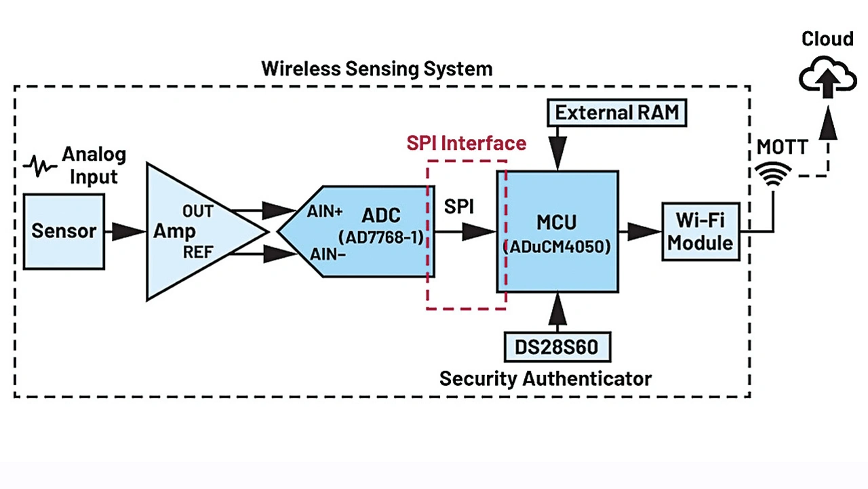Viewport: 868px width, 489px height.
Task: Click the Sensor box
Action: click(64, 231)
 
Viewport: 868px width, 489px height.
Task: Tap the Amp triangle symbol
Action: click(197, 231)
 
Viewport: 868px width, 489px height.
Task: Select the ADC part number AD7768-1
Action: click(380, 237)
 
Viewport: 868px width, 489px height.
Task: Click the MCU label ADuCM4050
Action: click(557, 246)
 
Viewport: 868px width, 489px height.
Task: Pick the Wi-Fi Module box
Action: click(700, 231)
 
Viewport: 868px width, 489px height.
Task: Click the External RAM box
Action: click(617, 112)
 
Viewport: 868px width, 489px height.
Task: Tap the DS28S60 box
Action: click(557, 347)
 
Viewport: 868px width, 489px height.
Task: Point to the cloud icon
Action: click(827, 74)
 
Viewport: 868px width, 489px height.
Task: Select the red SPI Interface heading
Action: click(466, 144)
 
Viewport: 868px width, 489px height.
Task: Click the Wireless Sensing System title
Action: click(376, 69)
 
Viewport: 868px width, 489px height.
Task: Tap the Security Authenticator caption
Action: click(545, 378)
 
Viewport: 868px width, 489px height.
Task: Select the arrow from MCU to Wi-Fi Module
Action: click(639, 232)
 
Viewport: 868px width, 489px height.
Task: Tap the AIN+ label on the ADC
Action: click(325, 212)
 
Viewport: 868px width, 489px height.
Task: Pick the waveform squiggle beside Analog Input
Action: click(41, 165)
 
